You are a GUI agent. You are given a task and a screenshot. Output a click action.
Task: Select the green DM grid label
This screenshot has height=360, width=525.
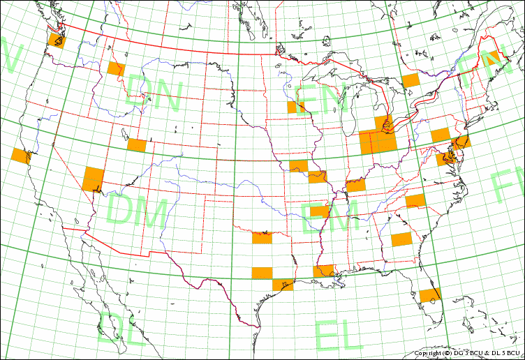pyautogui.click(x=138, y=211)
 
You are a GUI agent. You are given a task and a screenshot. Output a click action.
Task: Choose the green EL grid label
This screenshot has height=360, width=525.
pyautogui.click(x=339, y=336)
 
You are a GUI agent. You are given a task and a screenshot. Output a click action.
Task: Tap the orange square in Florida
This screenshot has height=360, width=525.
pyautogui.click(x=430, y=295)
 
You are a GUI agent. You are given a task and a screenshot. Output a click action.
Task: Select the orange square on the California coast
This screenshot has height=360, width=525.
pyautogui.click(x=21, y=156)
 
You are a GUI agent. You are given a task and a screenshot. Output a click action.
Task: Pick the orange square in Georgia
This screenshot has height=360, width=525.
pyautogui.click(x=401, y=239)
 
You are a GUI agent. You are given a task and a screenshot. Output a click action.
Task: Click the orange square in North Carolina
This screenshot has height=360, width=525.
pyautogui.click(x=415, y=201)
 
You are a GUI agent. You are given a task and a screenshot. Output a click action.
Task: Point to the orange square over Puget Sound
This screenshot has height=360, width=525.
pyautogui.click(x=57, y=40)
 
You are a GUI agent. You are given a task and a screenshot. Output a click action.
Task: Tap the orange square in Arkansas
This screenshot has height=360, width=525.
pyautogui.click(x=319, y=211)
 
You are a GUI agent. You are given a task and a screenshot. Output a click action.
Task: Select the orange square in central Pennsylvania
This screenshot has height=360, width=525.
pyautogui.click(x=440, y=135)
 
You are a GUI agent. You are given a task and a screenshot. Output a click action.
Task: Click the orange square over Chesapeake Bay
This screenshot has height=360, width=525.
pyautogui.click(x=446, y=158)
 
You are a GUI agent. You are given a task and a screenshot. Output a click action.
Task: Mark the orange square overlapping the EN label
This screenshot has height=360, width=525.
pyautogui.click(x=296, y=107)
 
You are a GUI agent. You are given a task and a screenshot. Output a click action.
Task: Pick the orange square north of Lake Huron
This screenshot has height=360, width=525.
pyautogui.click(x=411, y=80)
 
